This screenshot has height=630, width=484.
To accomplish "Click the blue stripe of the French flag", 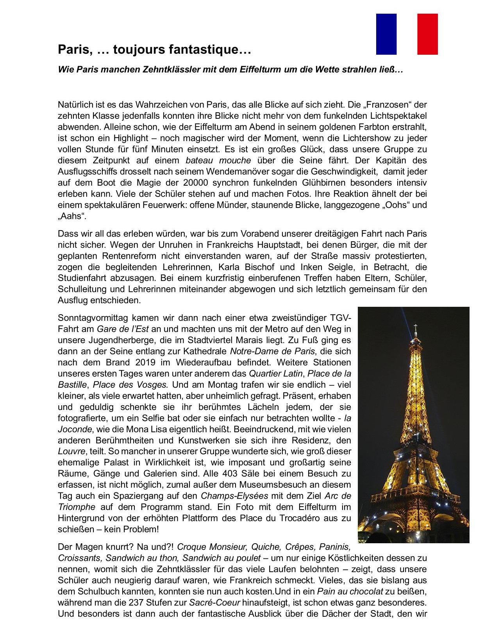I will [386, 34].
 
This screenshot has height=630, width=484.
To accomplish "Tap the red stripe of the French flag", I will [427, 34].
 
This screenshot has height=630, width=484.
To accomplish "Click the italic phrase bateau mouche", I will [218, 160].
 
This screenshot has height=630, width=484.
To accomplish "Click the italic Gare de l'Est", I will [123, 329].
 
